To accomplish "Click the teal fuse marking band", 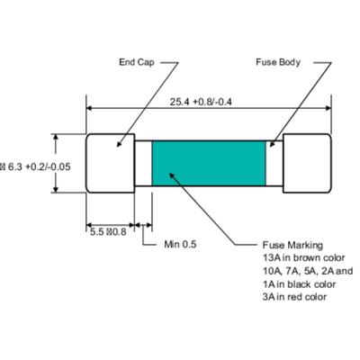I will coord(210,166).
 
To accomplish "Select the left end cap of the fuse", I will coord(110,166).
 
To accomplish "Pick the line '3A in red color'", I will coord(294,297).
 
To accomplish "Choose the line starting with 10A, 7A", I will coord(307,271).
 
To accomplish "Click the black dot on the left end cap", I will coord(116,144).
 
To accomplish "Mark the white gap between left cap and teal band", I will coord(142,166).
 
